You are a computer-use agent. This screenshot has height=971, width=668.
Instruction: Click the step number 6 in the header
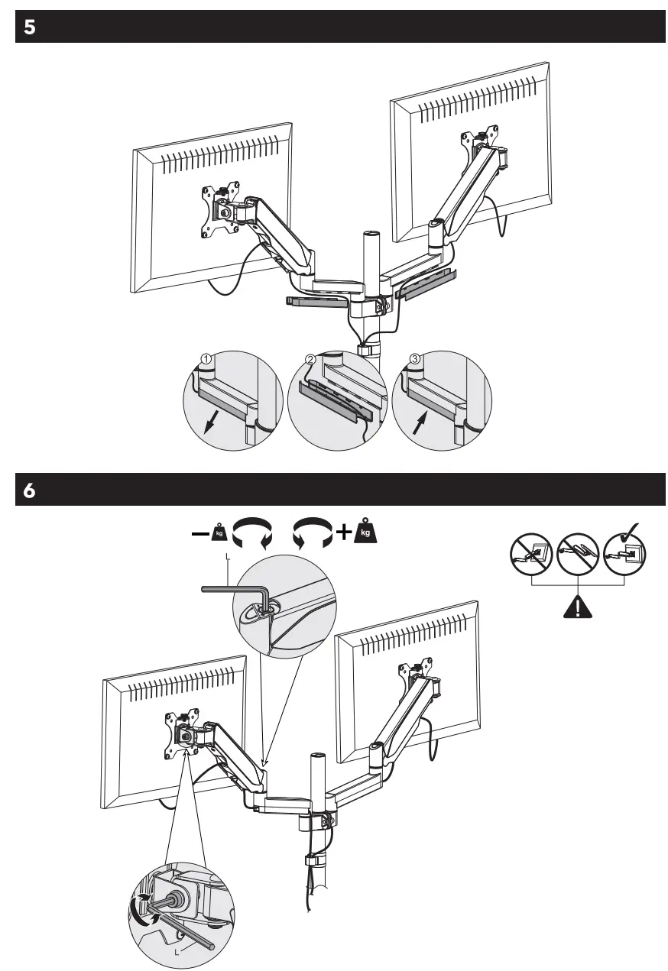[29, 490]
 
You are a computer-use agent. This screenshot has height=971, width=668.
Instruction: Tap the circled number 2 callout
[310, 358]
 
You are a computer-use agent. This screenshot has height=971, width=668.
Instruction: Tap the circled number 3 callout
[415, 358]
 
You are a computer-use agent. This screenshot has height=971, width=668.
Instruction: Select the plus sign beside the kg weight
[343, 532]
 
